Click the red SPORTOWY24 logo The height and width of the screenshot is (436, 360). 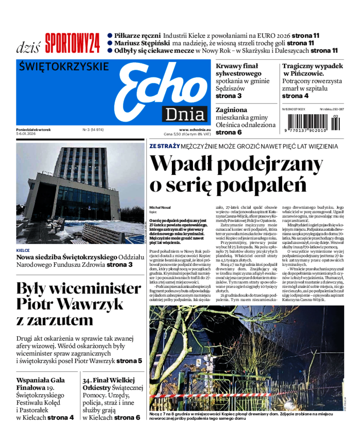[72, 43]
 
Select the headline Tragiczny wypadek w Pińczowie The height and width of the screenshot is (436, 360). [312, 70]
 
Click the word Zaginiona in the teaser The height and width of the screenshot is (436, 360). [231, 110]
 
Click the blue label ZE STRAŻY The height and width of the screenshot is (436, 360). [165, 146]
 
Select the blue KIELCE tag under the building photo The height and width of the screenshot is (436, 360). [23, 250]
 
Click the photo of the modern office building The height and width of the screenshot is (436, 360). [80, 193]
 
